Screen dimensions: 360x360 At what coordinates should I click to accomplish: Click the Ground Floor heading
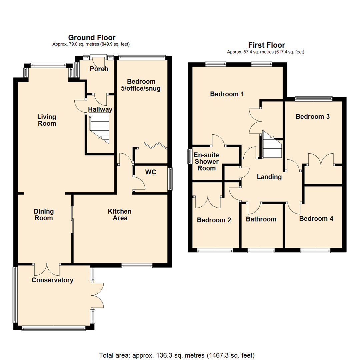pyautogui.click(x=92, y=38)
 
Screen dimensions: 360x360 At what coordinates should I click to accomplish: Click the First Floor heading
pyautogui.click(x=266, y=45)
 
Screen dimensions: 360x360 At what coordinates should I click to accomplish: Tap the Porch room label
pyautogui.click(x=99, y=69)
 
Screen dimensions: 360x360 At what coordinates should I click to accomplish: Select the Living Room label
pyautogui.click(x=47, y=120)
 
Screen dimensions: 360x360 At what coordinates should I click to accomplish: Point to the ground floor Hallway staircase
pyautogui.click(x=100, y=128)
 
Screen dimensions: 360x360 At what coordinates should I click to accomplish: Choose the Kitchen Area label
pyautogui.click(x=119, y=215)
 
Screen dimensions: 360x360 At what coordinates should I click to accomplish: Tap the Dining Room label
pyautogui.click(x=44, y=215)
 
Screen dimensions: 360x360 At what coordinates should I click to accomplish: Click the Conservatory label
pyautogui.click(x=52, y=280)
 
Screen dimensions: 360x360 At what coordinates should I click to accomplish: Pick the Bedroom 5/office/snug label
pyautogui.click(x=141, y=85)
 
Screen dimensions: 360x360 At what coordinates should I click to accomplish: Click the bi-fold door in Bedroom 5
pyautogui.click(x=155, y=145)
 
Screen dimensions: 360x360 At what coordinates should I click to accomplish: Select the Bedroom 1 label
pyautogui.click(x=227, y=94)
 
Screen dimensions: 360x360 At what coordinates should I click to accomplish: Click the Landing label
pyautogui.click(x=269, y=177)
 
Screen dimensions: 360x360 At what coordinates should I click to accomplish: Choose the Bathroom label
pyautogui.click(x=261, y=219)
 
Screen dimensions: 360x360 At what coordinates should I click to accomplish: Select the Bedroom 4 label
pyautogui.click(x=316, y=219)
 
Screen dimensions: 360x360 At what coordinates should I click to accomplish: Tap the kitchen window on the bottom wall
pyautogui.click(x=137, y=266)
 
